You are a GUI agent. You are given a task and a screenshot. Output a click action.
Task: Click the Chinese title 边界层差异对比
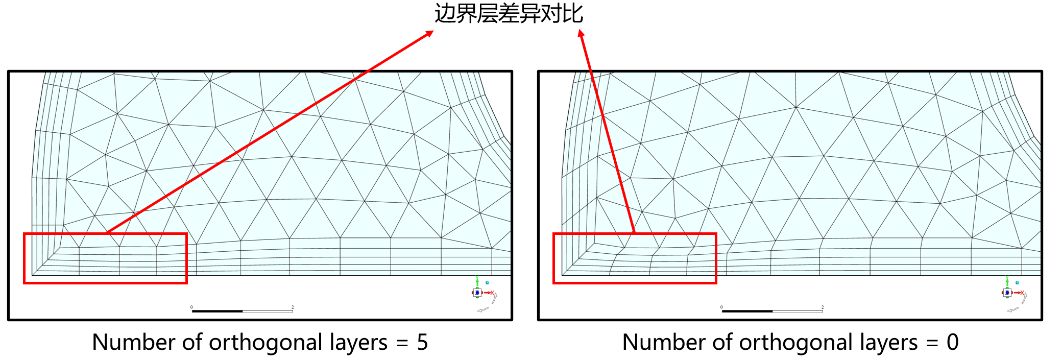tap(509, 14)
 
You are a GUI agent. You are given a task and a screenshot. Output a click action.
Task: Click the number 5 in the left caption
tap(422, 342)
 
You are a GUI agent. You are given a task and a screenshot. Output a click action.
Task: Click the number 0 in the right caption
tap(952, 342)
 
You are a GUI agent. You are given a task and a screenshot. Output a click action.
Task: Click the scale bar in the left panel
tap(242, 310)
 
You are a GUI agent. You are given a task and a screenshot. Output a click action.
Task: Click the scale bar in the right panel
tap(772, 310)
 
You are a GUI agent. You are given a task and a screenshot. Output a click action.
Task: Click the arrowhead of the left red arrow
tap(430, 33)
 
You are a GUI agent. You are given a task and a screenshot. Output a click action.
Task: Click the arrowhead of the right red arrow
tap(581, 34)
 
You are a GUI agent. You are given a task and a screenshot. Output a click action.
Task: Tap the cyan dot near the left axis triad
tap(487, 282)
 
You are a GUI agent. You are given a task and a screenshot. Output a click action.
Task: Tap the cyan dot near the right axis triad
tap(1017, 282)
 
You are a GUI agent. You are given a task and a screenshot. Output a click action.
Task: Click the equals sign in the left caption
tap(402, 343)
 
